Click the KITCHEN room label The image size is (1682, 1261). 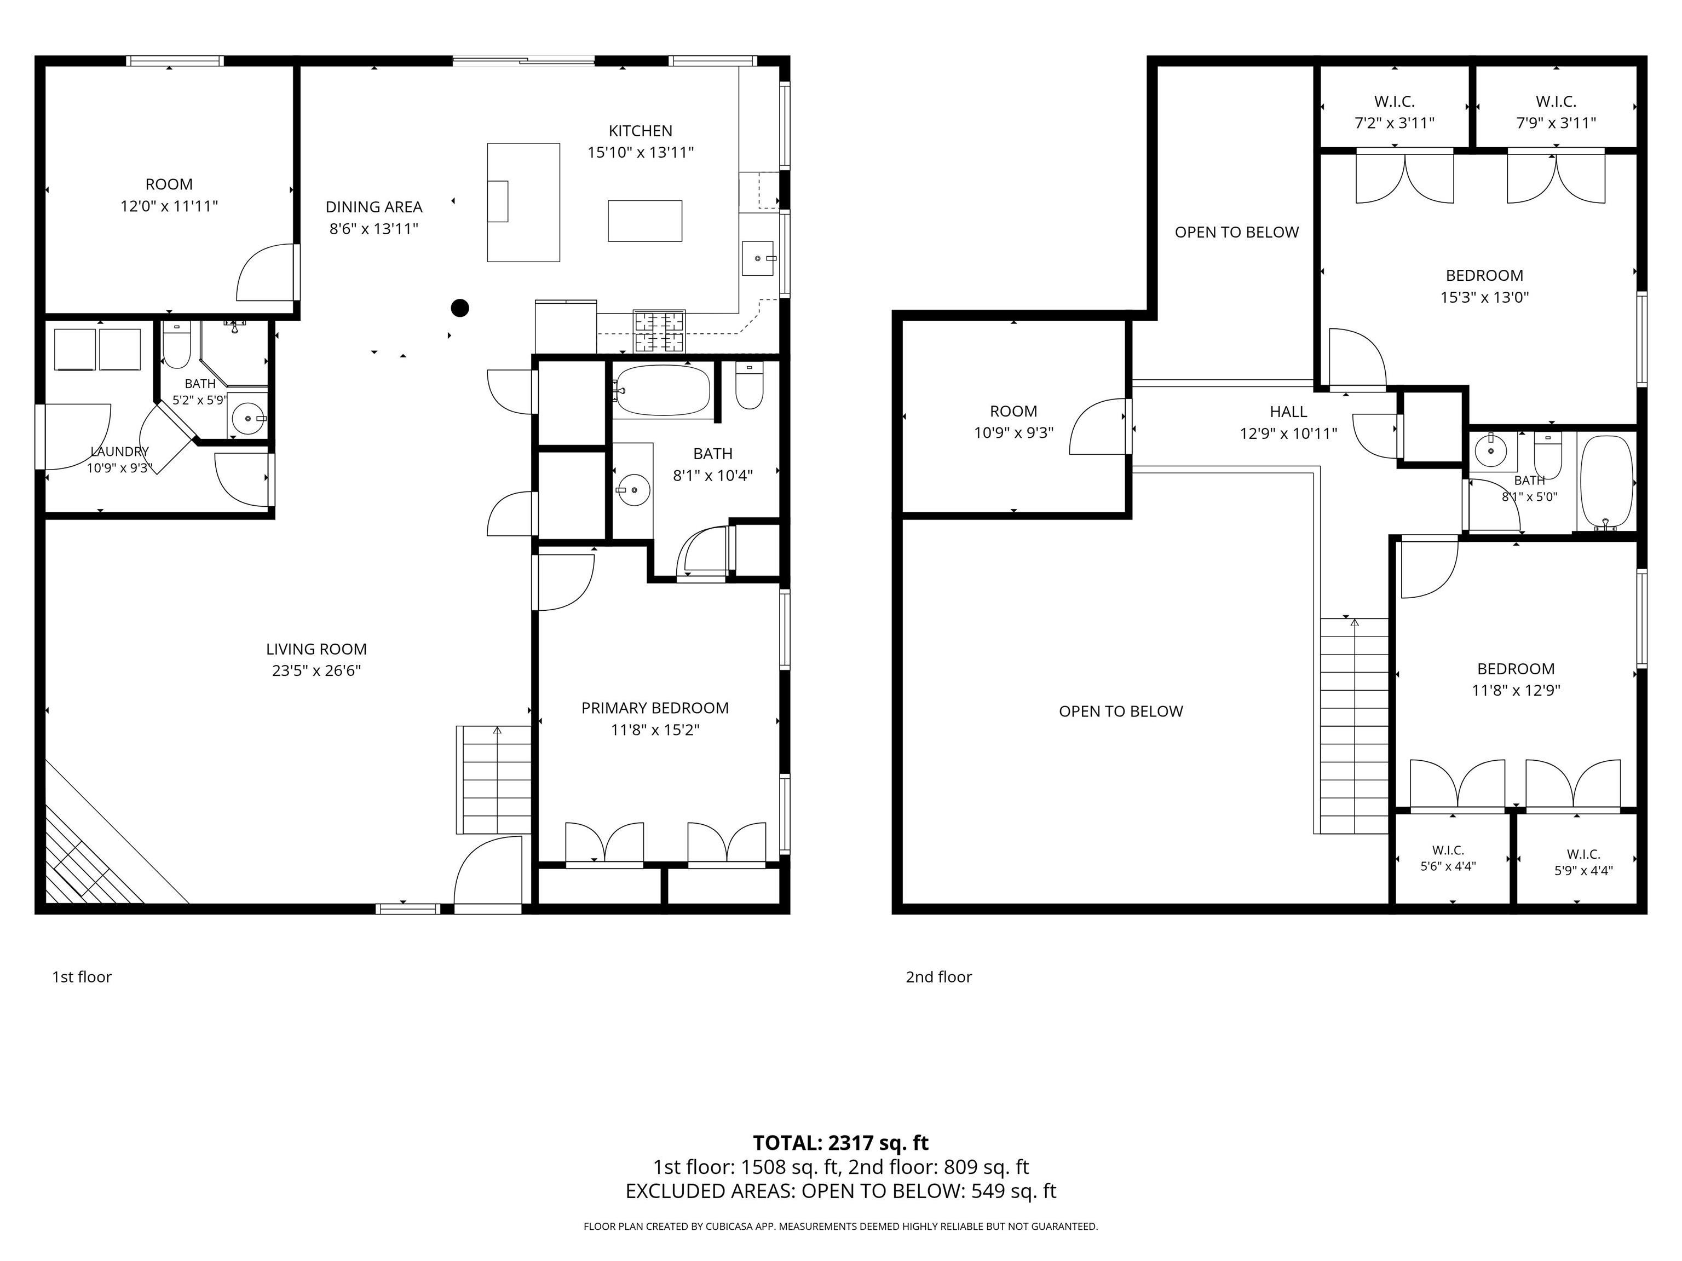tap(640, 131)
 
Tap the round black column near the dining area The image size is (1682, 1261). tap(460, 308)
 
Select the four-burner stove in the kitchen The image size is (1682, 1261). tap(660, 332)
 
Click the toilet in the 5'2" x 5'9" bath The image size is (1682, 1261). tap(176, 346)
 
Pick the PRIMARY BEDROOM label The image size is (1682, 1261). tap(655, 708)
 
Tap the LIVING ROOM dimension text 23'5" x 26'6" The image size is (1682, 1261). tap(316, 670)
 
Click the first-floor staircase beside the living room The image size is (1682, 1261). tap(494, 780)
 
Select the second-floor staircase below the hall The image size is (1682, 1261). tap(1354, 725)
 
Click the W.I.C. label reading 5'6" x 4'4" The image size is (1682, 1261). tap(1448, 858)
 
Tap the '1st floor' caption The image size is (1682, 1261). tap(82, 977)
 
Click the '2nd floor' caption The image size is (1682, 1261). tap(938, 977)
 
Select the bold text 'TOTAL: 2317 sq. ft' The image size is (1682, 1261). tap(840, 1142)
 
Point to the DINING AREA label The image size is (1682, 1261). tap(373, 207)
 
